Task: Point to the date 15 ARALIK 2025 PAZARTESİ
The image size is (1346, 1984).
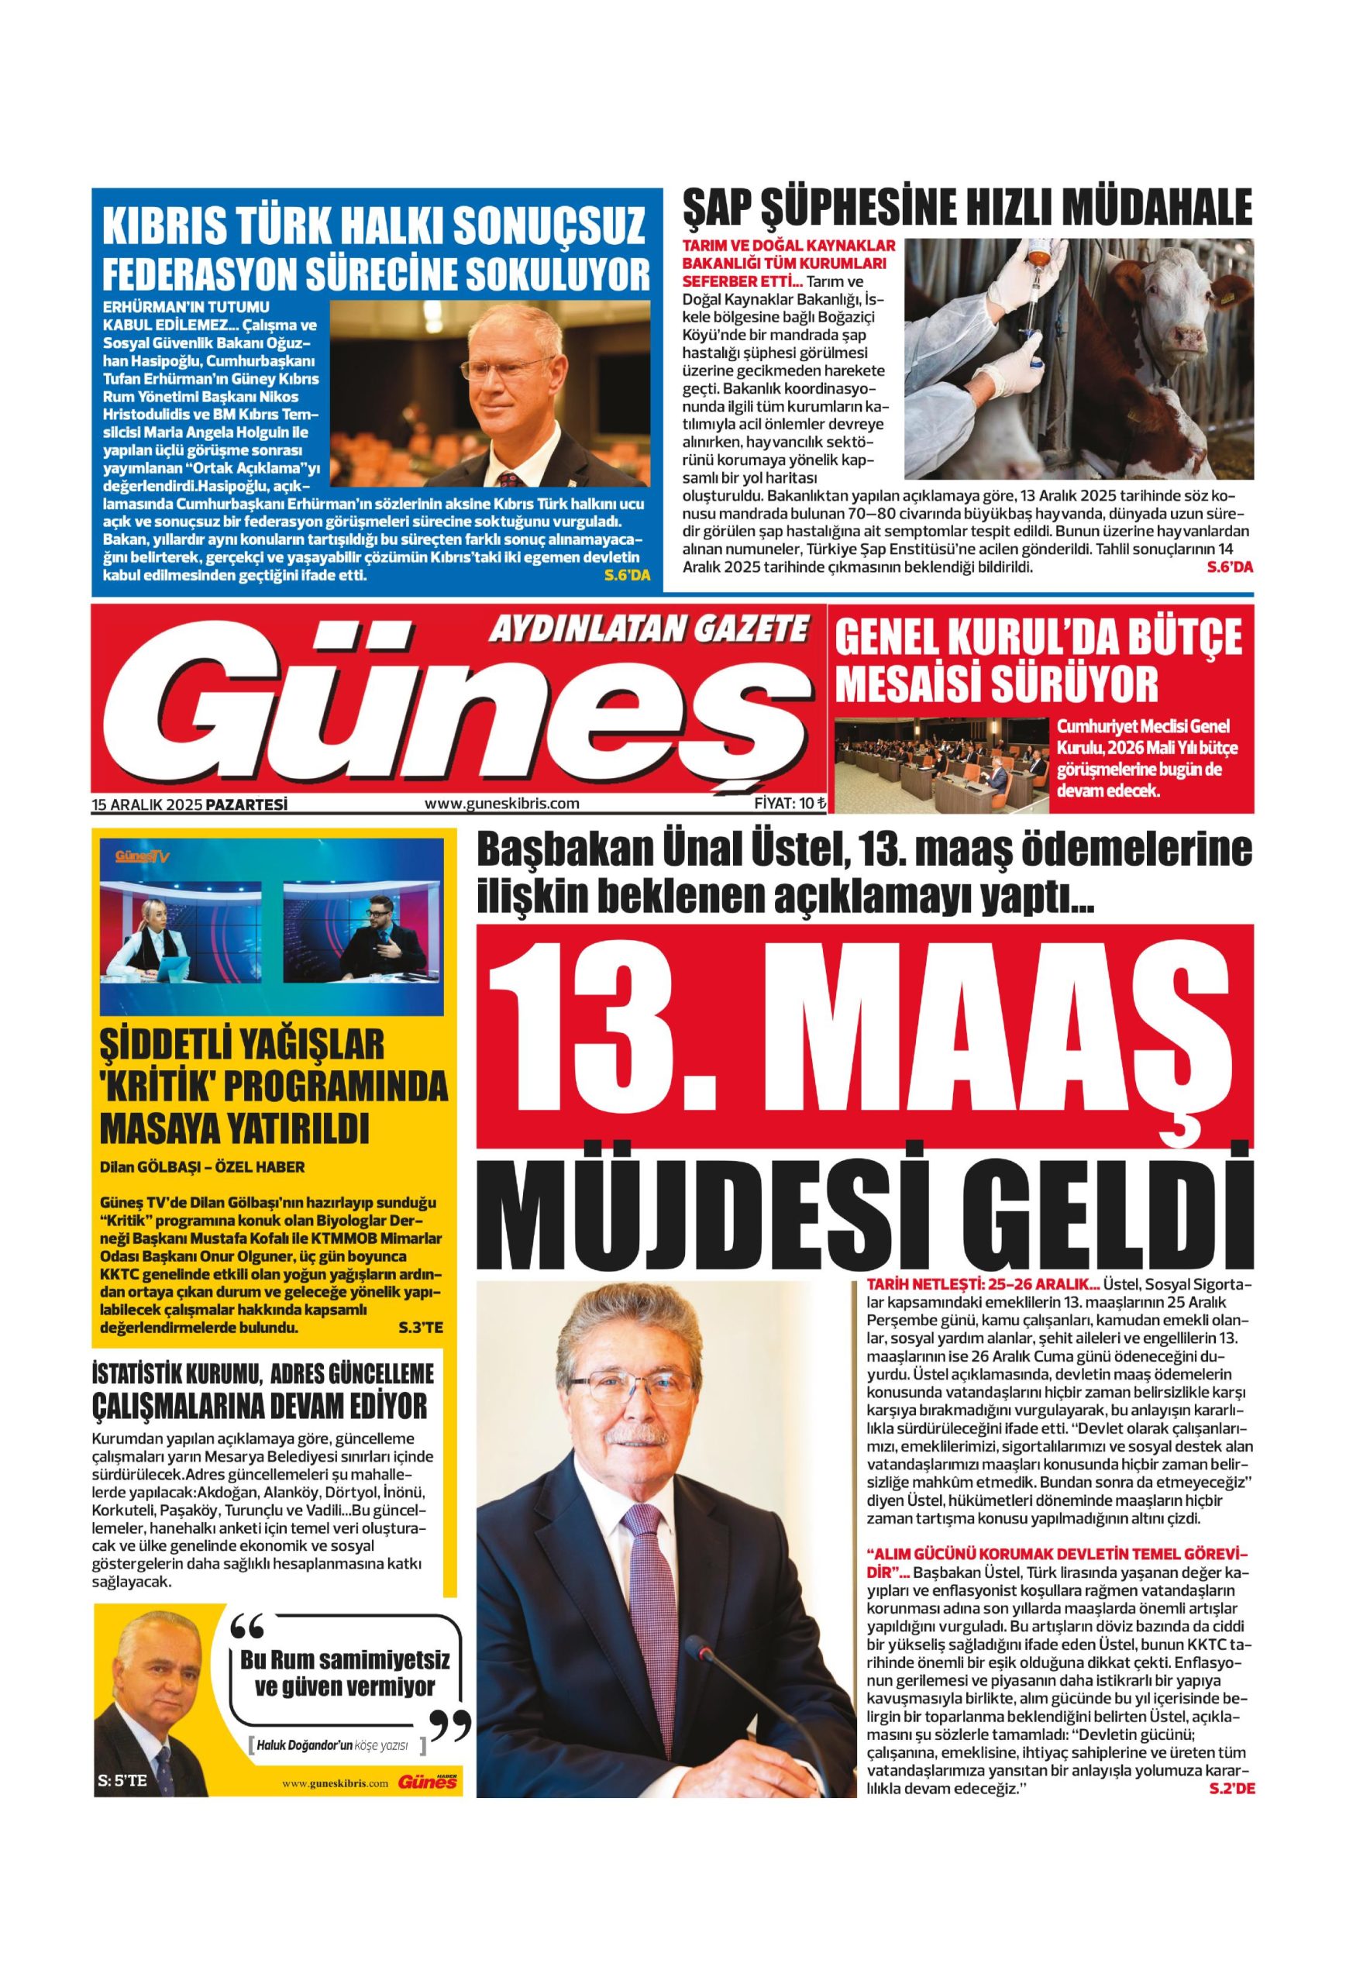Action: click(x=190, y=804)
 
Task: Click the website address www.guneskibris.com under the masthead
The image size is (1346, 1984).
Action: click(x=501, y=804)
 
